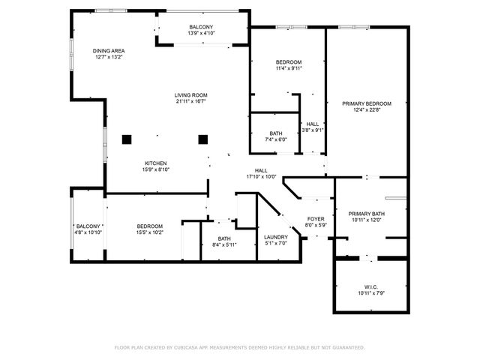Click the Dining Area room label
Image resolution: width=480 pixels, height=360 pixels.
pos(109,51)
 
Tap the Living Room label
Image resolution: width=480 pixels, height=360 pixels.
pos(190,95)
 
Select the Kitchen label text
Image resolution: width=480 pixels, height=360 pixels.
pos(156,163)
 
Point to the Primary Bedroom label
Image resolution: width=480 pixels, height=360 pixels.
pos(367,103)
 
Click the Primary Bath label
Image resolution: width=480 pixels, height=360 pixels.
pos(367,214)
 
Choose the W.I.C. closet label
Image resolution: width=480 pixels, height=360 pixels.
pos(370,286)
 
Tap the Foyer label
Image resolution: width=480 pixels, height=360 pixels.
pos(316,218)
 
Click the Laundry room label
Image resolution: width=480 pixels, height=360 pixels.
pos(276,237)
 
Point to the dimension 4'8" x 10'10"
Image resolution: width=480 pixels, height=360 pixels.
pos(88,232)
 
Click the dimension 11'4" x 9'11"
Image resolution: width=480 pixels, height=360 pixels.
pos(288,68)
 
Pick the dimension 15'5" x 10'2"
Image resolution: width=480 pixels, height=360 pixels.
pos(150,232)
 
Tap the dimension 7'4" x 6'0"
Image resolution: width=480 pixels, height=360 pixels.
pos(276,139)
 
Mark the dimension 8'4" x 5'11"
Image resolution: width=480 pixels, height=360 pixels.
pos(224,244)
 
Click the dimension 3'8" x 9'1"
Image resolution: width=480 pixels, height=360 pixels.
pos(313,130)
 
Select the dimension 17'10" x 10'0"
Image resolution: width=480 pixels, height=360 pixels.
pos(261,177)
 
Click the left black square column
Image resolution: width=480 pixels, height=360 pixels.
pos(127,138)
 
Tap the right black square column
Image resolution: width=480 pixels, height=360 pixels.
pos(202,138)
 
